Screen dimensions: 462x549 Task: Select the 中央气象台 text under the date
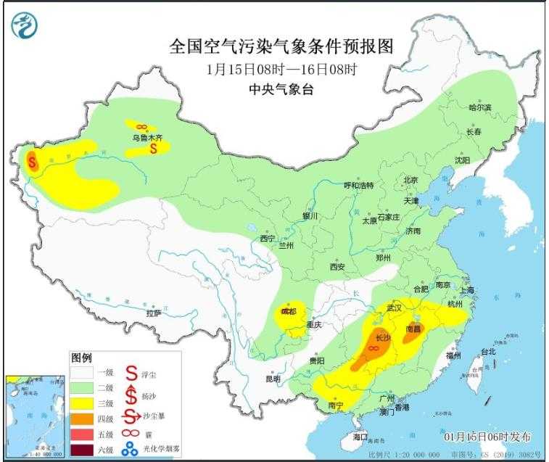pos(281,90)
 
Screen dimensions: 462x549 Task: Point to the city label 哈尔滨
pos(479,107)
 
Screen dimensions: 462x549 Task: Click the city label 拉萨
pos(153,313)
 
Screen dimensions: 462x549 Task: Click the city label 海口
pos(360,437)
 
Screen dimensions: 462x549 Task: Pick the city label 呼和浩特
pos(358,185)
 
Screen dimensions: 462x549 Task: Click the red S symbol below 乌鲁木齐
pos(154,149)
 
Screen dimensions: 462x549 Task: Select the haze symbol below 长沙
pos(373,349)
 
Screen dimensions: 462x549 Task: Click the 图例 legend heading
pos(81,358)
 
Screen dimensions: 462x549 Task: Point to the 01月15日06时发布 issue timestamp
pos(487,437)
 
